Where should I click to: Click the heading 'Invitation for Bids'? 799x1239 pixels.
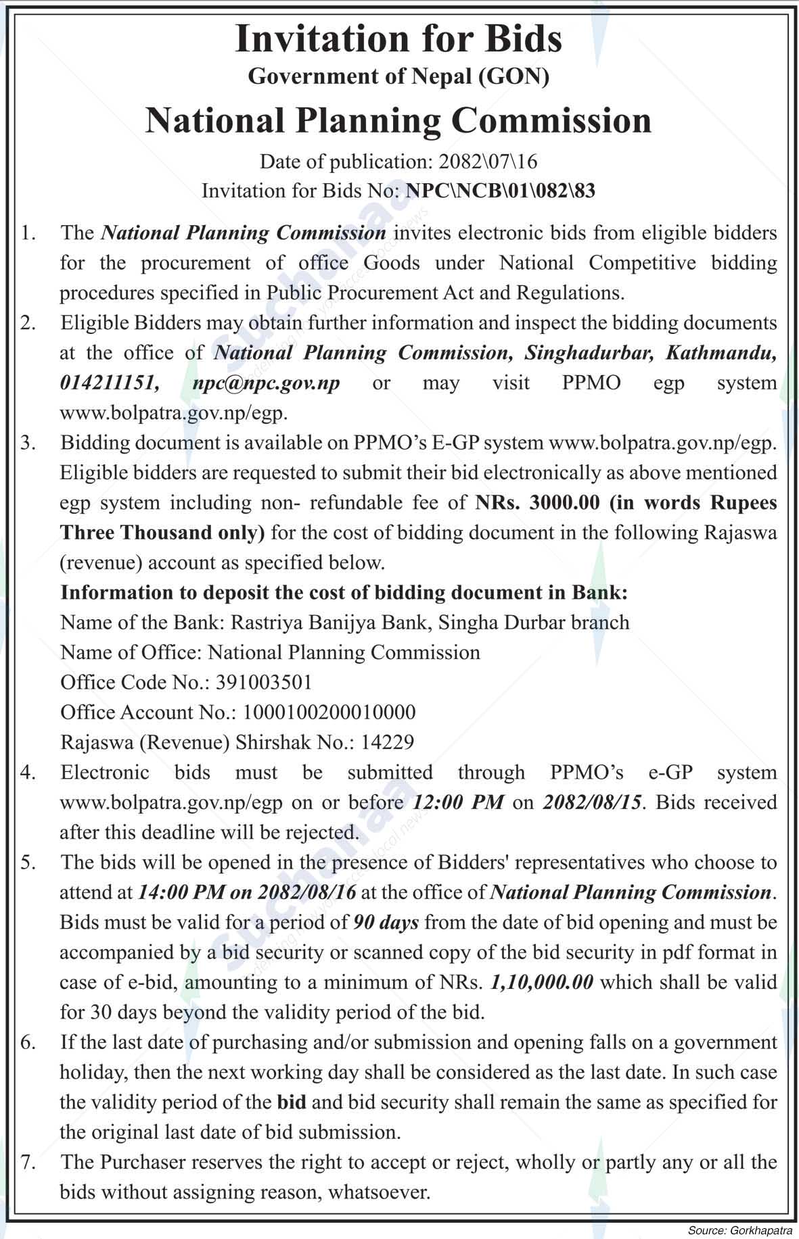(x=398, y=39)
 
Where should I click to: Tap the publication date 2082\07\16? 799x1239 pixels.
(x=487, y=161)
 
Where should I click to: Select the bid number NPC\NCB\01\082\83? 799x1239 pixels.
(x=500, y=191)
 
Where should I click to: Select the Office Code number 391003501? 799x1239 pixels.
(x=264, y=682)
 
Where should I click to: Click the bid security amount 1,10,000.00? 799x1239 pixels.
(x=541, y=982)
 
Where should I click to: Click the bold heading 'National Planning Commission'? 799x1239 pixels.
(x=398, y=120)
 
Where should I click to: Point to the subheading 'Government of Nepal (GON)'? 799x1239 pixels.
(x=398, y=76)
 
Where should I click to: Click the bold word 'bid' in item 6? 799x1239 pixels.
(x=292, y=1102)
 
